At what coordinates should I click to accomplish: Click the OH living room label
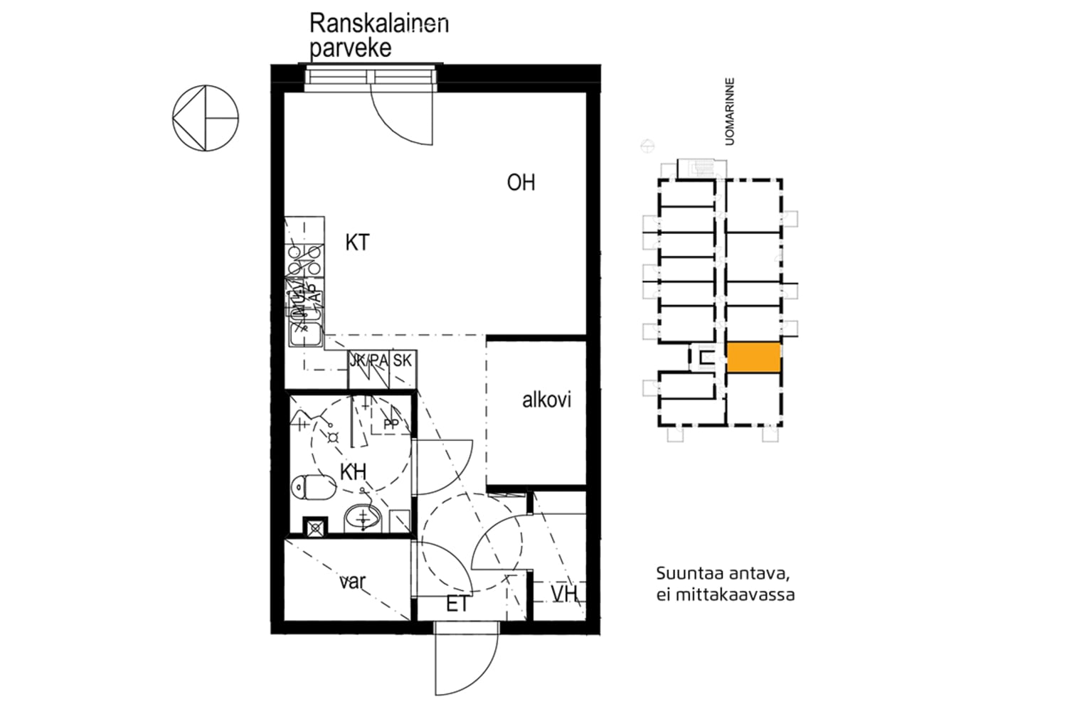click(521, 183)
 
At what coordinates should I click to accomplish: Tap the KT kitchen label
click(357, 242)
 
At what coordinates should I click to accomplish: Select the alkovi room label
click(546, 400)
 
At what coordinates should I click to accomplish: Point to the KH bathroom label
click(353, 472)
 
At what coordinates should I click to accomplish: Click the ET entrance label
click(457, 604)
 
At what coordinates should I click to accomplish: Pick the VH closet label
click(564, 594)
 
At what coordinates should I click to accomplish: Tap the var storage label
click(352, 582)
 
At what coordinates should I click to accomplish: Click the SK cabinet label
click(402, 360)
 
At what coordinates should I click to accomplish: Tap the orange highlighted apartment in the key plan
click(753, 357)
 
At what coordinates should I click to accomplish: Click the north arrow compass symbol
click(206, 118)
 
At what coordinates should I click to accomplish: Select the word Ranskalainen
click(378, 23)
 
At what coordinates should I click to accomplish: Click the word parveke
click(350, 48)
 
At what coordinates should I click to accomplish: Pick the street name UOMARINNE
click(729, 112)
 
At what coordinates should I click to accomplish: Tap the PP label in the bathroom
click(391, 424)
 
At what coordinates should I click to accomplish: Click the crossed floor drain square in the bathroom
click(315, 527)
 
